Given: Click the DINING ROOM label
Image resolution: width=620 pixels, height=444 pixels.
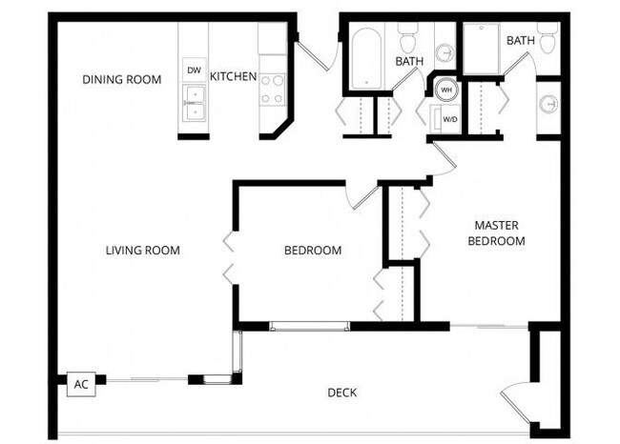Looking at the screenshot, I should click(121, 79).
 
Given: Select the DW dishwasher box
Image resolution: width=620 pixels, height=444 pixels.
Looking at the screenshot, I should click(194, 71).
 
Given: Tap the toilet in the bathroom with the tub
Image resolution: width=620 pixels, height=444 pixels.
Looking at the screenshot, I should click(409, 39).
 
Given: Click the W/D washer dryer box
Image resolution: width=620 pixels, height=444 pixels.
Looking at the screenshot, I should click(445, 120).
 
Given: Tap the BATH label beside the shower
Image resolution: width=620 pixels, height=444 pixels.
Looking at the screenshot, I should click(520, 40).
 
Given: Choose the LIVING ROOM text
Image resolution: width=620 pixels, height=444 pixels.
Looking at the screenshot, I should click(142, 251).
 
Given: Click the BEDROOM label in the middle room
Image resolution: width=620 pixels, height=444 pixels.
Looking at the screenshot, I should click(313, 251).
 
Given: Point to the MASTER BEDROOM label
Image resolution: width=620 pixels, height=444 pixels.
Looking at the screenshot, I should click(496, 233).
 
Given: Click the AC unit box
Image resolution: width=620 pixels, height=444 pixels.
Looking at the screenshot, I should click(81, 384).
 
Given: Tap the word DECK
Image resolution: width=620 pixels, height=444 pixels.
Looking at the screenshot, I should click(342, 393).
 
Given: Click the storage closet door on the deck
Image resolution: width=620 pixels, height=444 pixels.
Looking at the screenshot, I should click(514, 401).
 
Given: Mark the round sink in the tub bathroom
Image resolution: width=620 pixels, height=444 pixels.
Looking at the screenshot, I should click(445, 53).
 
